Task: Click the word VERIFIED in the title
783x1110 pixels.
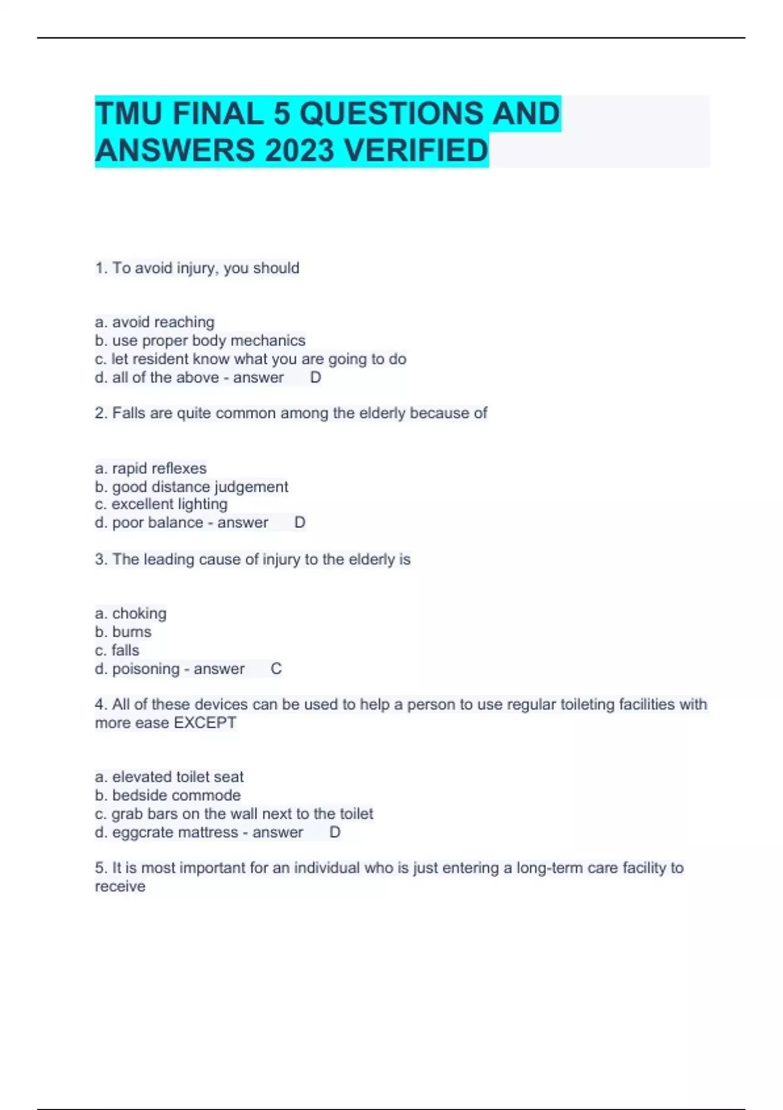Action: click(416, 151)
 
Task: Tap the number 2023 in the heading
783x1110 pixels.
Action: click(299, 151)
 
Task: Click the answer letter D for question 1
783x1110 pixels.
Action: click(315, 377)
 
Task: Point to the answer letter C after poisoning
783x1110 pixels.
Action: click(276, 669)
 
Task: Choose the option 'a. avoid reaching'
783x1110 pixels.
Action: click(155, 322)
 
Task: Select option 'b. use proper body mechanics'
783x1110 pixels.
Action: click(200, 340)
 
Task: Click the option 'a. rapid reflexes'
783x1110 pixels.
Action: click(151, 468)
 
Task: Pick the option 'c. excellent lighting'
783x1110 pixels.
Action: click(161, 504)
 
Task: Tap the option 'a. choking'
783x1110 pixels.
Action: click(130, 613)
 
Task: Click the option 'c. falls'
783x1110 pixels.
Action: click(117, 650)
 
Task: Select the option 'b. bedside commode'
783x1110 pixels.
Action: click(168, 795)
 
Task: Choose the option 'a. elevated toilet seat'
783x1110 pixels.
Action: click(169, 777)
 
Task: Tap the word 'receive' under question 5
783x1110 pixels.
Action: click(120, 887)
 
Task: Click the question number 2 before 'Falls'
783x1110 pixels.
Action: click(100, 413)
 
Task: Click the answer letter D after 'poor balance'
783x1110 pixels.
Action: click(299, 522)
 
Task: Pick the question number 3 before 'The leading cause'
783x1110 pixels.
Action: click(100, 560)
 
